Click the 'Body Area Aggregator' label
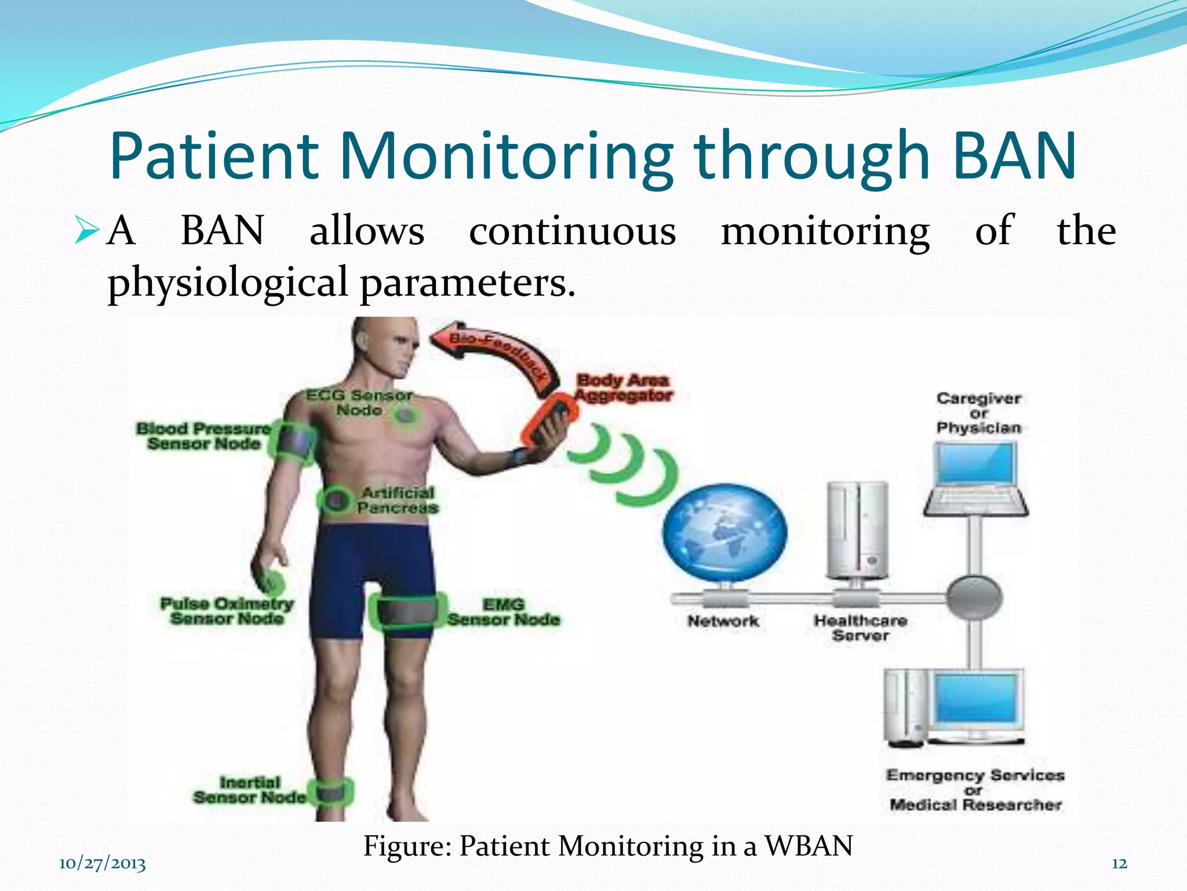pos(623,387)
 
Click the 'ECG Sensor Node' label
pos(359,403)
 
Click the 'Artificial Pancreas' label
pos(398,500)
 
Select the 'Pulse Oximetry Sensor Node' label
pos(227,611)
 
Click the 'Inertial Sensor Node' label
pos(249,790)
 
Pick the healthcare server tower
pos(857,530)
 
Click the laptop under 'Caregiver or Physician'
pos(976,478)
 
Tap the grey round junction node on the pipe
pos(974,597)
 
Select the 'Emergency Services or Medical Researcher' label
pos(975,790)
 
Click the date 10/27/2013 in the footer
pos(102,864)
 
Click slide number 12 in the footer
pos(1119,864)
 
